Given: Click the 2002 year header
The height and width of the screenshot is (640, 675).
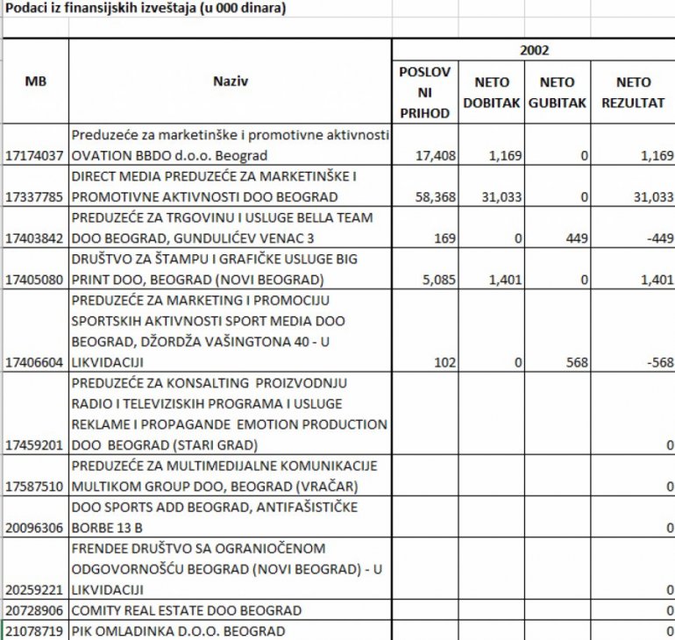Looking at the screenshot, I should pos(534,50).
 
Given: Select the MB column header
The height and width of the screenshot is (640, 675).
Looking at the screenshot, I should pos(36,82).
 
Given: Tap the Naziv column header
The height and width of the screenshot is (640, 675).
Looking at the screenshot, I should pos(231,82).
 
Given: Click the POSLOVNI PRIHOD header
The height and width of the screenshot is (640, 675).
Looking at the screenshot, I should pos(425,92).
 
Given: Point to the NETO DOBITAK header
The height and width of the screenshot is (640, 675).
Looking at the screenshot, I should pos(492,92).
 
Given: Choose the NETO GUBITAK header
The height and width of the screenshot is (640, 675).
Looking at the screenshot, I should pos(558,92).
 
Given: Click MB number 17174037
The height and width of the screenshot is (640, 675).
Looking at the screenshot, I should pos(36,156).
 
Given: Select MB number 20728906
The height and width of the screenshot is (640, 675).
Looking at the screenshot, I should pos(36,610).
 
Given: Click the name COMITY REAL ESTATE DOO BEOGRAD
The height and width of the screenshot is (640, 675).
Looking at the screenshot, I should pos(187,610).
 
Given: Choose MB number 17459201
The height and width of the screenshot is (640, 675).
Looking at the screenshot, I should pos(36,444).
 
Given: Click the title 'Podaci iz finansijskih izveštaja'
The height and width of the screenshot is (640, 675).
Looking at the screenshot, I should pos(146,9).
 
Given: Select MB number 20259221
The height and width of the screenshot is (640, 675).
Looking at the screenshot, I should pos(36,589).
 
